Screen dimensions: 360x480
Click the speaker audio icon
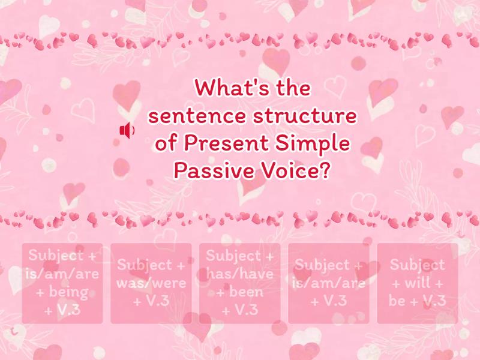(127, 130)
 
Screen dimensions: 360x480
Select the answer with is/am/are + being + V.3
(62, 283)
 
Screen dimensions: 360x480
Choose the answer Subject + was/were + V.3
(151, 283)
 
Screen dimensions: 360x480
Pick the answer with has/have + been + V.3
(240, 283)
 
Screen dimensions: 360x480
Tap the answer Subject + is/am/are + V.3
(329, 283)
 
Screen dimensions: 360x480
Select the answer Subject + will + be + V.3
(418, 283)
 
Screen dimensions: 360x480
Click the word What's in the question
(226, 89)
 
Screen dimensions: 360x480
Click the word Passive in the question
(208, 172)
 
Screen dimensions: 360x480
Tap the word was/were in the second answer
(151, 283)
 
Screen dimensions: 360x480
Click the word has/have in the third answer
(240, 274)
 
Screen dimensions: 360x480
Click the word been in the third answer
(245, 292)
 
